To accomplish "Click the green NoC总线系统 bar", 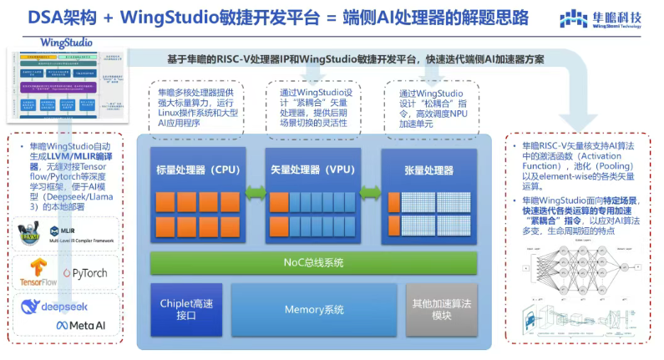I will [313, 263].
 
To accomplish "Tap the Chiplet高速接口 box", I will [186, 310].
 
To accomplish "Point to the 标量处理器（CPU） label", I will [198, 170].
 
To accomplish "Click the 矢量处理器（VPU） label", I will [312, 170].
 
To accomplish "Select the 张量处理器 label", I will [427, 170].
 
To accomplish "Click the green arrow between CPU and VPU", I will [255, 195].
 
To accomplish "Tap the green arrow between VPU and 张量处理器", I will [370, 195].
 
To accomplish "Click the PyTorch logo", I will [84, 273].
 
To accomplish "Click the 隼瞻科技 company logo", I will [601, 18].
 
